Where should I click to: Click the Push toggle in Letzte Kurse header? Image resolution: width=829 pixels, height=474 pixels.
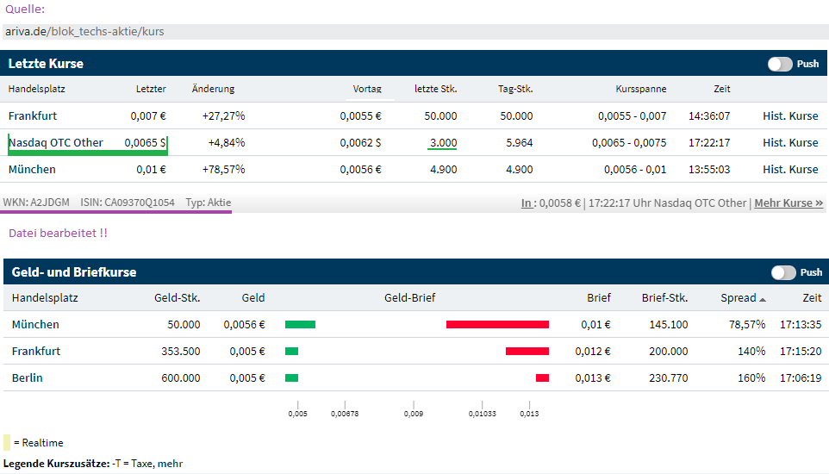click(780, 64)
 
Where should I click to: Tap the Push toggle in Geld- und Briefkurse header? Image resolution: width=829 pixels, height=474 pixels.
click(783, 272)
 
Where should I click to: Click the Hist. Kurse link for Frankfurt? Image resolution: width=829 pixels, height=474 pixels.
click(790, 116)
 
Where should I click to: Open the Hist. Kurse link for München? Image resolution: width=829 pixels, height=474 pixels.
click(790, 170)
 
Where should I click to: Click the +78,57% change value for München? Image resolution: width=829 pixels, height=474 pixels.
click(223, 170)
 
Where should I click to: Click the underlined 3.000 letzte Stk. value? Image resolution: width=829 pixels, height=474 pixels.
click(443, 143)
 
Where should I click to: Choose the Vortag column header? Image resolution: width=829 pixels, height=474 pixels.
click(367, 89)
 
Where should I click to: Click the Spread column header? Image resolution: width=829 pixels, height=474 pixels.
click(739, 298)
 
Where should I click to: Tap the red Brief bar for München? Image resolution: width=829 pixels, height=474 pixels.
click(497, 325)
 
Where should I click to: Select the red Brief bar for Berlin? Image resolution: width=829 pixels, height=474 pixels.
click(542, 378)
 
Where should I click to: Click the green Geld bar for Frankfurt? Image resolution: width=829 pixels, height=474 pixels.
click(291, 352)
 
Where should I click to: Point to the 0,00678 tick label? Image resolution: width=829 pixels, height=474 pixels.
click(345, 415)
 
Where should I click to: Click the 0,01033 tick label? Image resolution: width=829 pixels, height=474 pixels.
click(482, 415)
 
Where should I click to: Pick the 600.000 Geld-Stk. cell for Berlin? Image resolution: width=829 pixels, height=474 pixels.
click(180, 378)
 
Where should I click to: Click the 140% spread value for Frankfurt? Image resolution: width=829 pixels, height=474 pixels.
click(751, 352)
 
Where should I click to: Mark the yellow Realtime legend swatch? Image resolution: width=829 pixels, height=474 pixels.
click(7, 443)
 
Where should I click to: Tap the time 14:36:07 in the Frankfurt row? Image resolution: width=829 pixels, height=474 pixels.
click(709, 116)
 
